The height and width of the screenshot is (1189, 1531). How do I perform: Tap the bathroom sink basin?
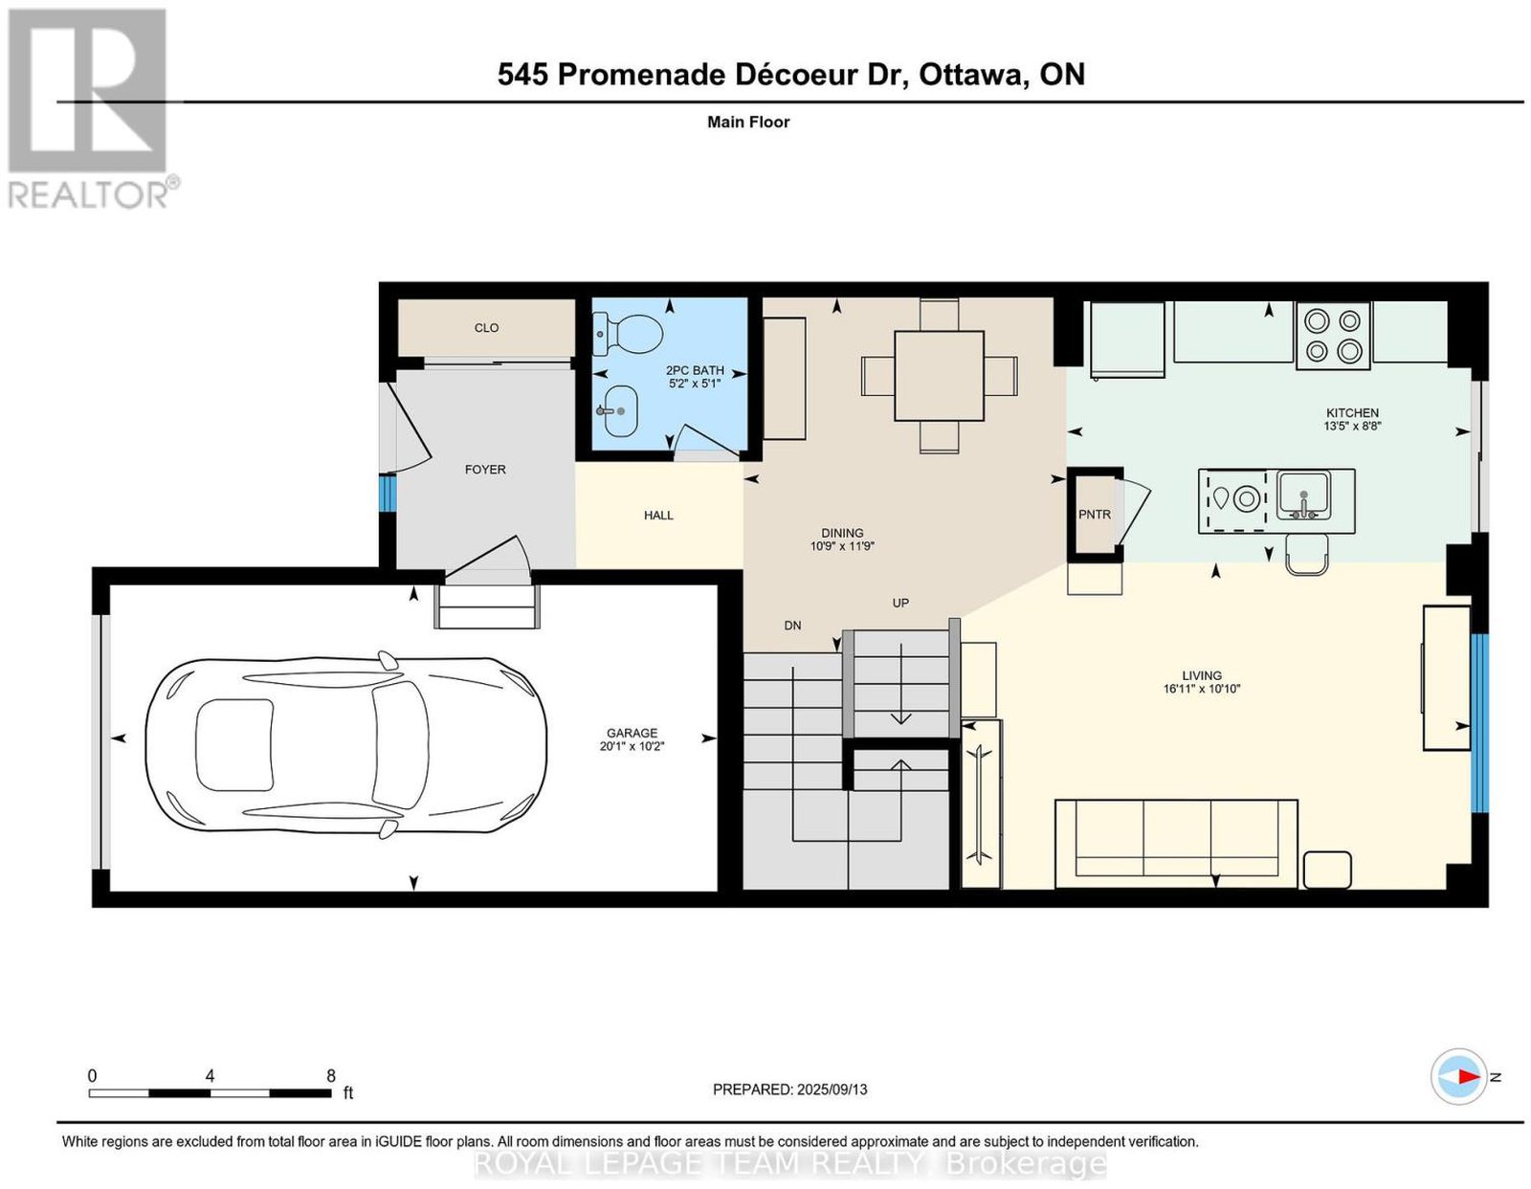coord(617,411)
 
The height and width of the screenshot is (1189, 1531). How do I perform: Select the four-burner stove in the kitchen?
coord(1332,335)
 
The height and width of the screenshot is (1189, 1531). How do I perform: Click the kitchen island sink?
coord(1303,495)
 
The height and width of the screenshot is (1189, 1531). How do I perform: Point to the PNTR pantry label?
coord(1094,515)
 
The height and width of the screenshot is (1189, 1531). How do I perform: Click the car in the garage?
coord(346,744)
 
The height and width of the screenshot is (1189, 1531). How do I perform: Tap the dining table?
coord(939,376)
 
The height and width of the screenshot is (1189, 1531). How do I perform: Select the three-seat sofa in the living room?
coord(1176,843)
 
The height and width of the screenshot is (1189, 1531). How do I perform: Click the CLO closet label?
coord(486,328)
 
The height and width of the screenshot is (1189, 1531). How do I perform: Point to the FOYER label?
coord(485,470)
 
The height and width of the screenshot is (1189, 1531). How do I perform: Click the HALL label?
coord(658,516)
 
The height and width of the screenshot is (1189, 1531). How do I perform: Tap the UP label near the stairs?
coord(900,603)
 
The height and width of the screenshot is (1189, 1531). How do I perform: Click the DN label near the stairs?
coord(792,626)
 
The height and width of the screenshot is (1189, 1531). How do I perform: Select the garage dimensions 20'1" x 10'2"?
coord(632,746)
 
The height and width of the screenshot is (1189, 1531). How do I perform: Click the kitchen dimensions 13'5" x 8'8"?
coord(1352,426)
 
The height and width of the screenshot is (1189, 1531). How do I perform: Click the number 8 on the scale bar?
coord(330,1076)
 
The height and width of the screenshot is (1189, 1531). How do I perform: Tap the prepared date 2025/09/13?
coord(832,1090)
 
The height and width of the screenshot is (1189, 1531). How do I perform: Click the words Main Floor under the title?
coord(748,121)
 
